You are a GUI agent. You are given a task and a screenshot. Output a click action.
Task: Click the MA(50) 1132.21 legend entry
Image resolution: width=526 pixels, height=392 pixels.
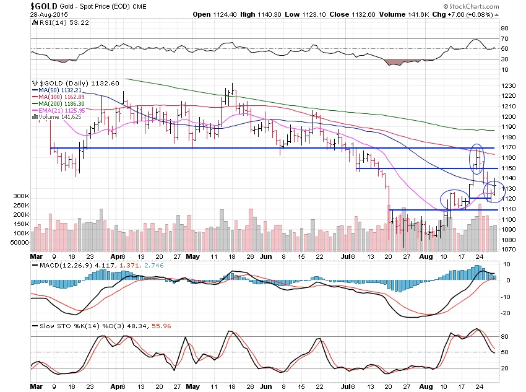coord(67,90)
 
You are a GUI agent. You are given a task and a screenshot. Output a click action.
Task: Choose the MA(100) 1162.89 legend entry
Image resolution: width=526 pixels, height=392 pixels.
coord(68,97)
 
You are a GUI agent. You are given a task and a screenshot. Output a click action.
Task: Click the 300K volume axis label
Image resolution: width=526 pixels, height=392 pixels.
coord(20,196)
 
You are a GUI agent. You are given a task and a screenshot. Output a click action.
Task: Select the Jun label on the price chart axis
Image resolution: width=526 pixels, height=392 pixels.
coord(267,255)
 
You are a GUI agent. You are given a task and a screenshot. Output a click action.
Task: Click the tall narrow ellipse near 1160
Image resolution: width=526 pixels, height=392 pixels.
coord(476,159)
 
